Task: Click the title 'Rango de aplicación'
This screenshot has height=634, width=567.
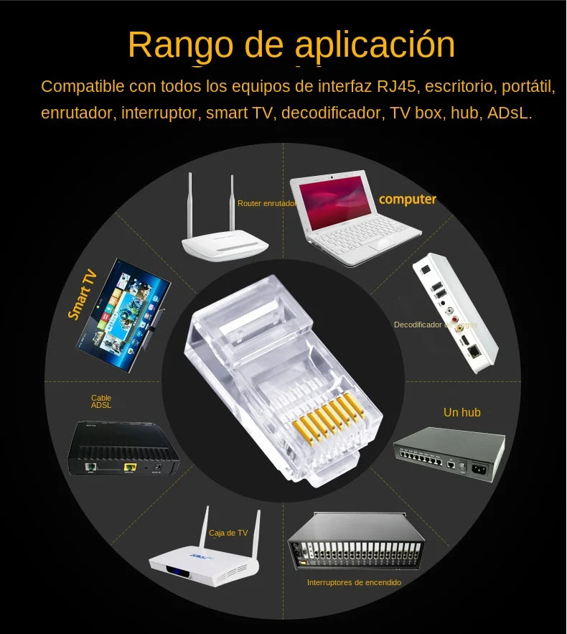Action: pyautogui.click(x=291, y=45)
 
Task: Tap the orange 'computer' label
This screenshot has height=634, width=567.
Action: pyautogui.click(x=407, y=199)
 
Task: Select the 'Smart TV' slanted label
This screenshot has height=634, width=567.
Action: pyautogui.click(x=83, y=294)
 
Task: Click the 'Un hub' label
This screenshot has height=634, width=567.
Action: pyautogui.click(x=461, y=412)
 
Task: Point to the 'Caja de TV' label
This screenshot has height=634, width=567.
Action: pyautogui.click(x=228, y=533)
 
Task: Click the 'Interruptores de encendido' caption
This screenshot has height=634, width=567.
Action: pyautogui.click(x=354, y=582)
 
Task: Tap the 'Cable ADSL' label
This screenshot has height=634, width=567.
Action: pyautogui.click(x=101, y=401)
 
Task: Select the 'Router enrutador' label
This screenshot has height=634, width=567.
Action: pyautogui.click(x=266, y=204)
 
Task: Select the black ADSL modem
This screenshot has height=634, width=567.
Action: pyautogui.click(x=122, y=449)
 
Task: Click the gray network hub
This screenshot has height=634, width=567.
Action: pyautogui.click(x=448, y=453)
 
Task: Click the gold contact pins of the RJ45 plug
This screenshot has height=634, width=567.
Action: pyautogui.click(x=331, y=416)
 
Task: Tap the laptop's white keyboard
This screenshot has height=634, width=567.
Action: pyautogui.click(x=359, y=237)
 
